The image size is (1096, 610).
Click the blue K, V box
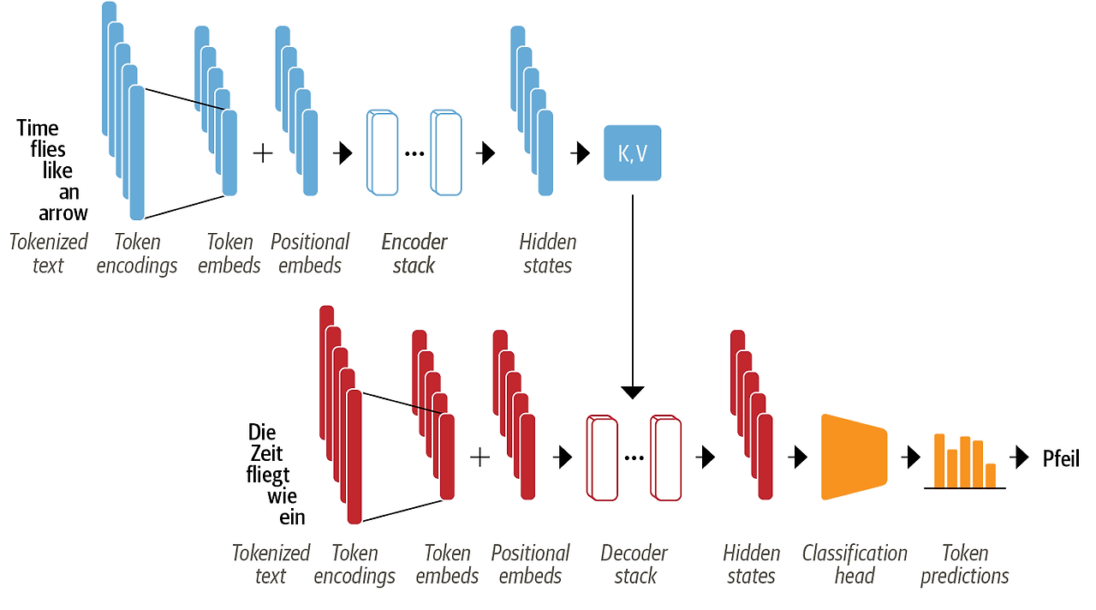click(632, 153)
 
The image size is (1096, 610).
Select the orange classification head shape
click(853, 457)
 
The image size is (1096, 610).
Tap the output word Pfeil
click(1060, 458)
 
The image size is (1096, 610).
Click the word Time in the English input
click(38, 129)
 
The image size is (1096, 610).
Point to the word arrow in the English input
click(63, 212)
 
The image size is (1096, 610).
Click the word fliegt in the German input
click(267, 475)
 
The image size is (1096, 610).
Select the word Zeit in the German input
click(265, 453)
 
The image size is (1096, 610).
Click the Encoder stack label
click(414, 254)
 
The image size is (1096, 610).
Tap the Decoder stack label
click(634, 565)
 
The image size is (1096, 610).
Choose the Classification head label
click(855, 565)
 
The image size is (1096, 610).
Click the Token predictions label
click(965, 565)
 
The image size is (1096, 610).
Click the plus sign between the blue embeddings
click(263, 153)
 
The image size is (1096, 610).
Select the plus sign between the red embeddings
click(480, 457)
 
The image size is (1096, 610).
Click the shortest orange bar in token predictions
click(991, 475)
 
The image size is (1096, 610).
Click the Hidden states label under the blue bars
click(548, 254)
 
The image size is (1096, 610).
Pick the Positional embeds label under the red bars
click(530, 565)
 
